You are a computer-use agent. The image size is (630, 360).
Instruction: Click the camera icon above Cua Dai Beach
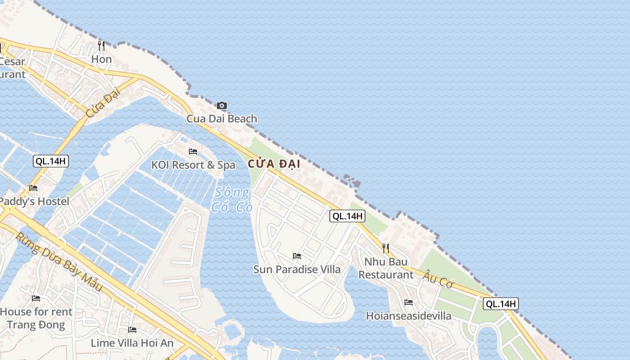tap(221, 106)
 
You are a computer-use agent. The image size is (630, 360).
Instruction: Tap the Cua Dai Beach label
tap(222, 119)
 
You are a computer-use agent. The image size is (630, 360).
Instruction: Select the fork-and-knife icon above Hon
tap(101, 45)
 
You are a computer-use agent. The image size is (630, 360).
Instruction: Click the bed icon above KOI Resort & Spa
tap(193, 152)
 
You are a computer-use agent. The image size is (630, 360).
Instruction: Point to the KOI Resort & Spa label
tap(193, 165)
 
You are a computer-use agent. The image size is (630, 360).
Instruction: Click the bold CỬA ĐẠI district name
tap(274, 164)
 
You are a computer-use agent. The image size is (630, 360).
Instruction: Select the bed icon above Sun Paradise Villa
tap(297, 256)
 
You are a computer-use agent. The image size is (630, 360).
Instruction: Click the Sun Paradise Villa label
tap(297, 270)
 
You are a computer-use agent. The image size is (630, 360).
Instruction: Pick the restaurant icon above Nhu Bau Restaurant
tap(386, 248)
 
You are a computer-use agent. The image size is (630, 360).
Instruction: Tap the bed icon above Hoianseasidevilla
tap(409, 302)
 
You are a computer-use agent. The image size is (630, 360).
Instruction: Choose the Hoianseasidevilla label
tap(409, 316)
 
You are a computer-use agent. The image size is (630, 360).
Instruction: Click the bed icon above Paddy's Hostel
tap(33, 188)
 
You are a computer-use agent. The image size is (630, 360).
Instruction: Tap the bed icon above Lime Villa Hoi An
tap(132, 330)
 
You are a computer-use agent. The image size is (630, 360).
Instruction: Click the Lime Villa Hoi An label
tap(132, 343)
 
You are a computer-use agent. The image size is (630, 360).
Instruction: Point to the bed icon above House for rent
tap(36, 298)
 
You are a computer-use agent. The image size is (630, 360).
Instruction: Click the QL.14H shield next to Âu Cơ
tap(501, 304)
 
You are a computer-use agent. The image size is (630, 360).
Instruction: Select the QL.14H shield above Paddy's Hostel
tap(51, 161)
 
